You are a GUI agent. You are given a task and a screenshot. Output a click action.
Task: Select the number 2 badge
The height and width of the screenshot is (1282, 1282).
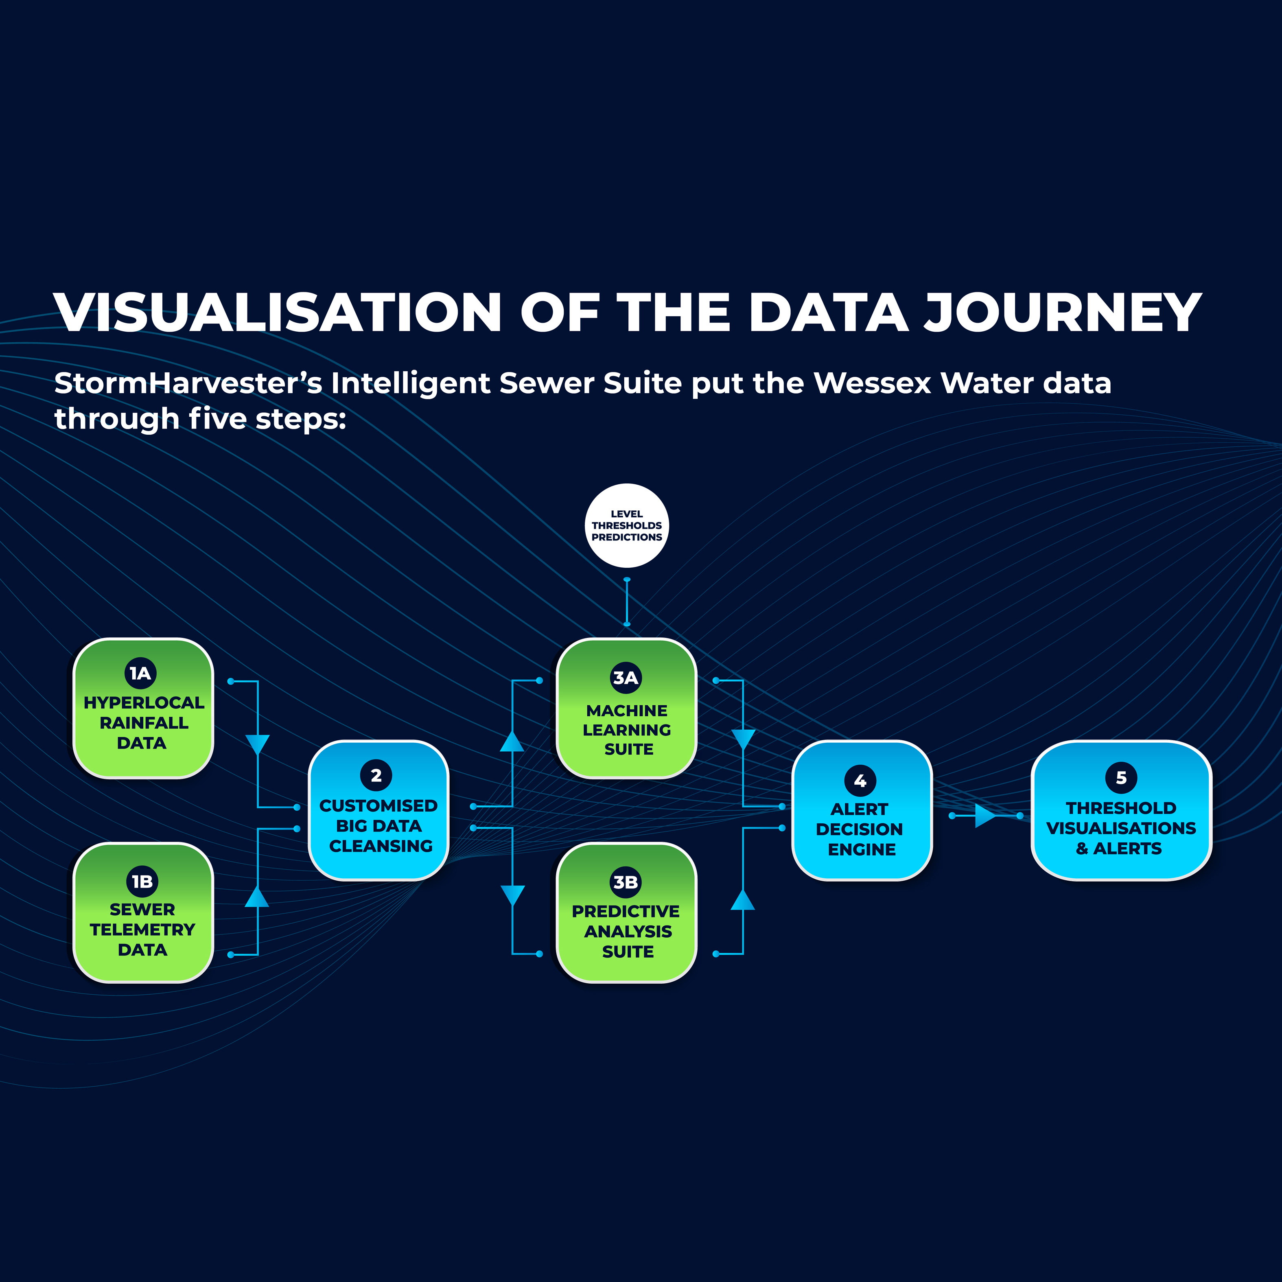(376, 775)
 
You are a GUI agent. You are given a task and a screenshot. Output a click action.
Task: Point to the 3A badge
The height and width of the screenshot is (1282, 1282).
(626, 678)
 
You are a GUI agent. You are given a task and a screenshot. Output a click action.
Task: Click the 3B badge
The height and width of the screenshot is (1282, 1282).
(626, 882)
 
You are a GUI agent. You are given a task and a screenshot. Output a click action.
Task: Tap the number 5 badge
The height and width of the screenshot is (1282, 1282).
(1121, 778)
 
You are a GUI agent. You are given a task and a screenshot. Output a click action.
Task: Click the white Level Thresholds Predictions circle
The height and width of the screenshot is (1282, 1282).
(626, 525)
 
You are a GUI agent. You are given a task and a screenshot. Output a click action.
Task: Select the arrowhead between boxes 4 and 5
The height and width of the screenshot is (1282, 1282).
(985, 816)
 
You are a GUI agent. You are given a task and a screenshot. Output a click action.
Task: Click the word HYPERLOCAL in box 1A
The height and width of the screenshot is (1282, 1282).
(143, 703)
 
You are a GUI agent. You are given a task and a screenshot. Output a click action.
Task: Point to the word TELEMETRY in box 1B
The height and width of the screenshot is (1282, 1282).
(143, 930)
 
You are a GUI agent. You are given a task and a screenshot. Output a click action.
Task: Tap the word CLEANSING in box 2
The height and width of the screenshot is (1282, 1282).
(381, 846)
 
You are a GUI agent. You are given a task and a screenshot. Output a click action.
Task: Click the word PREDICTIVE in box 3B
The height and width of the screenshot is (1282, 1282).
(626, 912)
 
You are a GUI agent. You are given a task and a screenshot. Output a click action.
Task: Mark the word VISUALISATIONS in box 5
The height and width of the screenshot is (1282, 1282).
(1121, 828)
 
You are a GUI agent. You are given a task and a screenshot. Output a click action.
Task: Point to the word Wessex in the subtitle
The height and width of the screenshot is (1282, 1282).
(873, 383)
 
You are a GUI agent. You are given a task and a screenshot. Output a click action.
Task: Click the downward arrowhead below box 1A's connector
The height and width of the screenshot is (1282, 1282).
(258, 744)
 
